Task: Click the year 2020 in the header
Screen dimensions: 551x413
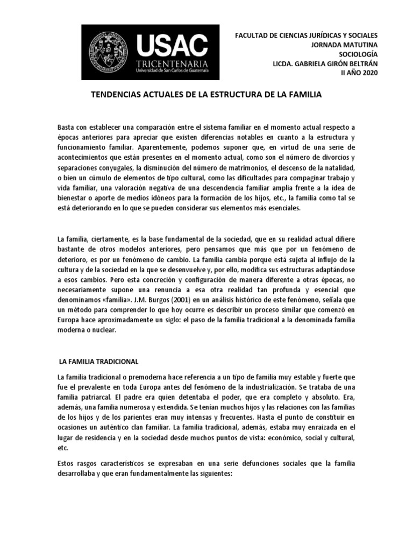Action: (368, 74)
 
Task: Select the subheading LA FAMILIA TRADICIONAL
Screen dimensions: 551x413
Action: (98, 361)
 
